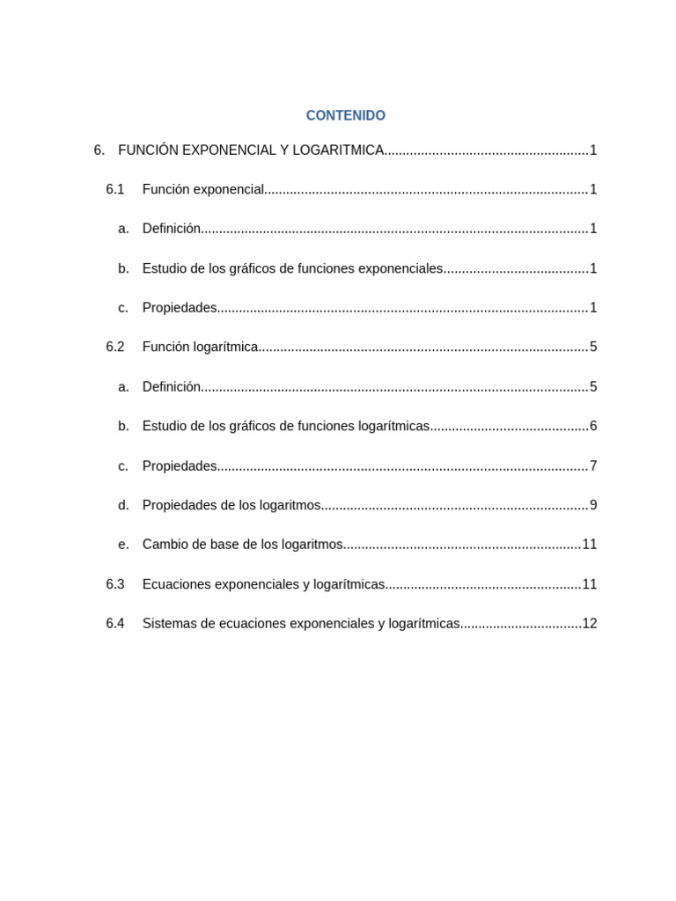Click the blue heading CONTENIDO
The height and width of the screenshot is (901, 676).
(x=345, y=115)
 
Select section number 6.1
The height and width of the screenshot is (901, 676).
(x=115, y=189)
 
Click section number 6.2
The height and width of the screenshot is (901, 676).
(x=115, y=347)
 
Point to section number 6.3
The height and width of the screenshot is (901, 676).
(x=115, y=584)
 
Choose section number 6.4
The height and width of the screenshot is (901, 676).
(x=115, y=624)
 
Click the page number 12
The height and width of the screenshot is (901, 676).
(x=590, y=624)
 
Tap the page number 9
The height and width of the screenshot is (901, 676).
(x=593, y=505)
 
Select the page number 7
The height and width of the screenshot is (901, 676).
(x=593, y=465)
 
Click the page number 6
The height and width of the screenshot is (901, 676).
(x=593, y=426)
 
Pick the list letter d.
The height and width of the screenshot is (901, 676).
(x=123, y=505)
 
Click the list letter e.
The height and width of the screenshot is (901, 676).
(x=123, y=545)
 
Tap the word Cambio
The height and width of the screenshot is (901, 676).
(x=165, y=545)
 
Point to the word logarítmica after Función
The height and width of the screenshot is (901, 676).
(x=225, y=347)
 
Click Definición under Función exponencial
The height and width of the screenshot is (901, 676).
(x=172, y=229)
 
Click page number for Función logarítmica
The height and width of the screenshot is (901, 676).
(x=593, y=347)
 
